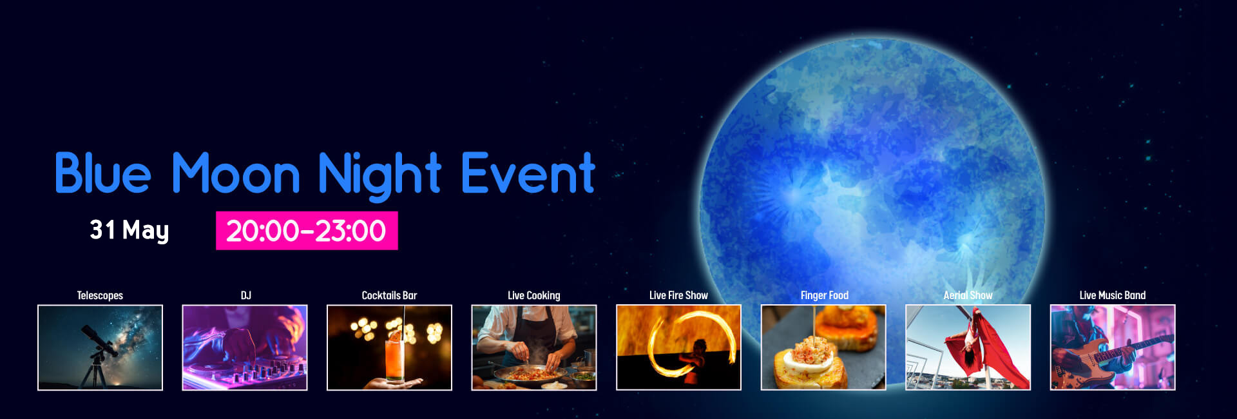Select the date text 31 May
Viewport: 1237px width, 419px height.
(x=129, y=230)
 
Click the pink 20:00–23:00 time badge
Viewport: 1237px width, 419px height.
(x=307, y=230)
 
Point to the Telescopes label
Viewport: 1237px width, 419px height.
(x=100, y=295)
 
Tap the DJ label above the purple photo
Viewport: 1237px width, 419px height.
(x=245, y=295)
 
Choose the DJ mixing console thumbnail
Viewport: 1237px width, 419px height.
(x=245, y=347)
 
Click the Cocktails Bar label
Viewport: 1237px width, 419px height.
(x=389, y=295)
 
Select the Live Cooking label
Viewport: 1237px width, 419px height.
(x=534, y=295)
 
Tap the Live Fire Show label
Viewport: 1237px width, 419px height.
(x=678, y=295)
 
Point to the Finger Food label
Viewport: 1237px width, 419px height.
(x=824, y=295)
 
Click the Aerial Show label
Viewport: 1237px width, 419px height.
(x=968, y=295)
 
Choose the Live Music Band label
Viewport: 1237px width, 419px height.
(x=1113, y=295)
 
